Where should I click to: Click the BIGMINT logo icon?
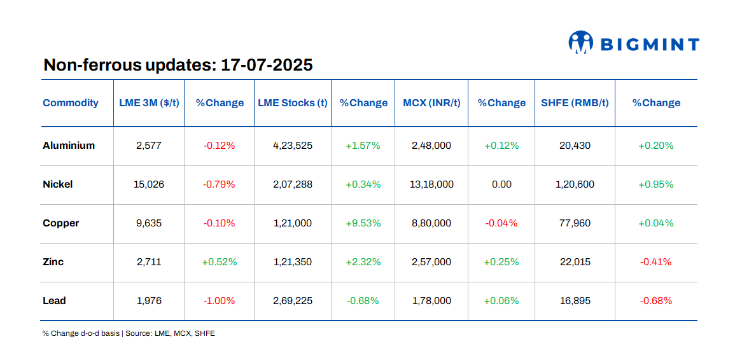pyautogui.click(x=580, y=43)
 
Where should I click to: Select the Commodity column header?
pyautogui.click(x=71, y=103)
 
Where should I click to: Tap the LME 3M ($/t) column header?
pyautogui.click(x=149, y=103)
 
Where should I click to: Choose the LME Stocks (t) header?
pyautogui.click(x=293, y=103)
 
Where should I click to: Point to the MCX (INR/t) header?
pyautogui.click(x=431, y=103)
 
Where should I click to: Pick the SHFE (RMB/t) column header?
pyautogui.click(x=575, y=103)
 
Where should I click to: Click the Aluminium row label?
pyautogui.click(x=69, y=146)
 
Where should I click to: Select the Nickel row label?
pyautogui.click(x=58, y=184)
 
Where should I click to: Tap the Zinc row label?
pyautogui.click(x=53, y=262)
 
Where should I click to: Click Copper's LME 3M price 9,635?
pyautogui.click(x=149, y=223)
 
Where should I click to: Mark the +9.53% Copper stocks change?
pyautogui.click(x=363, y=223)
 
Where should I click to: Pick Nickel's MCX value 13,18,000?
pyautogui.click(x=431, y=184)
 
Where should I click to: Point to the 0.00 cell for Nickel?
pyautogui.click(x=501, y=184)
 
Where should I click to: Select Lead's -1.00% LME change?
pyautogui.click(x=219, y=301)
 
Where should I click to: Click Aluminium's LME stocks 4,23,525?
pyautogui.click(x=293, y=146)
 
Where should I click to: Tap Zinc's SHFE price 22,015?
pyautogui.click(x=575, y=262)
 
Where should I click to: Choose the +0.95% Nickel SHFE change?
pyautogui.click(x=655, y=184)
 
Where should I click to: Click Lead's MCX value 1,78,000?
pyautogui.click(x=431, y=301)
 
